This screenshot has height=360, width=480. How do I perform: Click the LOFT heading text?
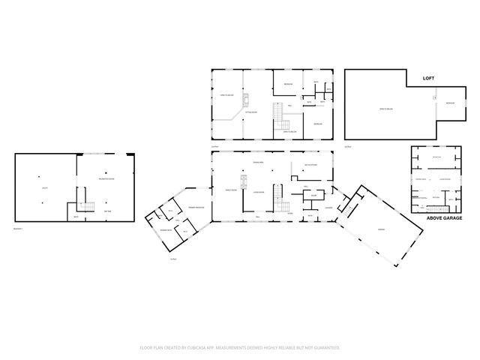pos(429,77)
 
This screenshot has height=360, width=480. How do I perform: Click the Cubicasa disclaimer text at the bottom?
pos(240,348)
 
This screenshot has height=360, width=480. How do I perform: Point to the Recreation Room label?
pos(107,179)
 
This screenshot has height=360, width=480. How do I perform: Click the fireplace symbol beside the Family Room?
pos(244,181)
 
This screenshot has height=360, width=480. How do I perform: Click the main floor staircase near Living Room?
pos(279,198)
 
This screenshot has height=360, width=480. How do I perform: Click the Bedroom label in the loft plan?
pos(450,103)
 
